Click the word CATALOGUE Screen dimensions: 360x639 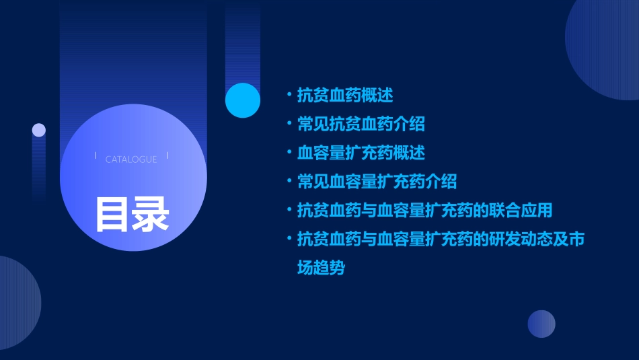click(x=131, y=159)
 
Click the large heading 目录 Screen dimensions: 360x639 click(x=132, y=214)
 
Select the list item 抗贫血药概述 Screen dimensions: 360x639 click(x=345, y=96)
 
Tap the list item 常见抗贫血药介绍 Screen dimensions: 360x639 click(x=361, y=124)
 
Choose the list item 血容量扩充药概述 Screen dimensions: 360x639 click(x=361, y=153)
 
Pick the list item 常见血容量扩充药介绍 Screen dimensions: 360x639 click(x=377, y=182)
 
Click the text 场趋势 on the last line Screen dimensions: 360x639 click(x=321, y=268)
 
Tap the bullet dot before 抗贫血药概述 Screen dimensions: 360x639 click(x=289, y=96)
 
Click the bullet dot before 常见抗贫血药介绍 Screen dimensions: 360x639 click(x=289, y=124)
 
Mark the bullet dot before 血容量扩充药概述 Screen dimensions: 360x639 click(x=289, y=153)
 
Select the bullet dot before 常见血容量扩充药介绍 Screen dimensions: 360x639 click(x=289, y=182)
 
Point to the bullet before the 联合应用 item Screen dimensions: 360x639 click(x=289, y=211)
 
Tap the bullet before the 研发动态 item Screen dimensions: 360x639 click(x=289, y=239)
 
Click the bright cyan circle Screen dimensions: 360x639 click(x=243, y=100)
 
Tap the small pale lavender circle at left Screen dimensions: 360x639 click(x=39, y=130)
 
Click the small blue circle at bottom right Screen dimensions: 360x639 click(x=541, y=324)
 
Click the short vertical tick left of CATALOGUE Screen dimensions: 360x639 click(x=96, y=156)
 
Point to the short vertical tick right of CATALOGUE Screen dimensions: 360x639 click(x=167, y=156)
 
